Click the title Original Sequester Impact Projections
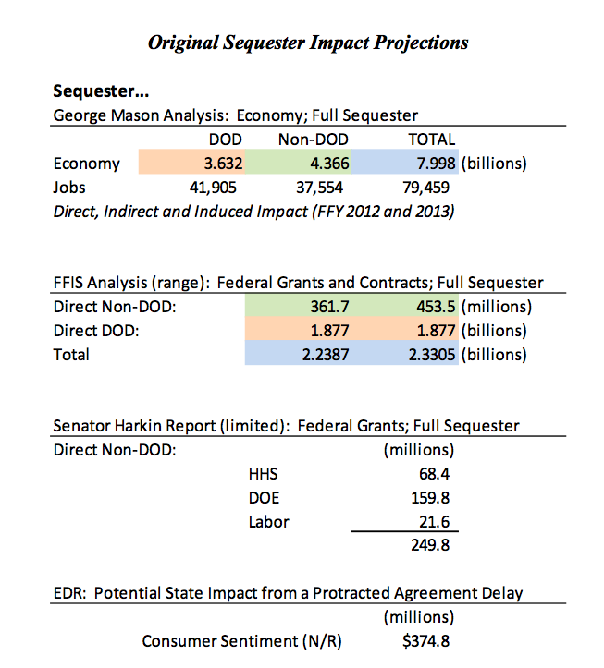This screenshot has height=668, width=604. [x=308, y=43]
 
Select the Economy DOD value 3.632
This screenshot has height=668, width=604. [x=223, y=164]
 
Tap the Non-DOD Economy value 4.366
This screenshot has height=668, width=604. [x=329, y=164]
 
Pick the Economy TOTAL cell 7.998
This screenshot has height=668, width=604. [x=436, y=164]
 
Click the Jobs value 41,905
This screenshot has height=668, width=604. [x=213, y=188]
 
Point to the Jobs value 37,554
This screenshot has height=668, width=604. [x=319, y=188]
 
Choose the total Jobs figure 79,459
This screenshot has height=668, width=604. [x=426, y=188]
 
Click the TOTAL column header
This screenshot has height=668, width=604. [x=432, y=140]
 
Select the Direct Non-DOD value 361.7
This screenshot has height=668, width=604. [x=329, y=307]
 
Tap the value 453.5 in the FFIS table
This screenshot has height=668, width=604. [x=436, y=307]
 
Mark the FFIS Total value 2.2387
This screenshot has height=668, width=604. [x=326, y=355]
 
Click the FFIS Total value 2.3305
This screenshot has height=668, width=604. [x=432, y=355]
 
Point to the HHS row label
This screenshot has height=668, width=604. [x=264, y=474]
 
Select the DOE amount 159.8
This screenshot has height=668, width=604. [x=430, y=498]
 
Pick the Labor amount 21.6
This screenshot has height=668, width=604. [x=434, y=522]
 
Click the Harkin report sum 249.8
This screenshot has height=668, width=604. [x=430, y=545]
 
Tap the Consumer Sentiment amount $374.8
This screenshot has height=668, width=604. [x=425, y=641]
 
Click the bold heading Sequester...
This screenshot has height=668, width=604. [x=101, y=91]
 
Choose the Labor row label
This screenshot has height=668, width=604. [x=269, y=522]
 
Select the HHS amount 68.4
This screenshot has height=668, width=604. [x=434, y=474]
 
